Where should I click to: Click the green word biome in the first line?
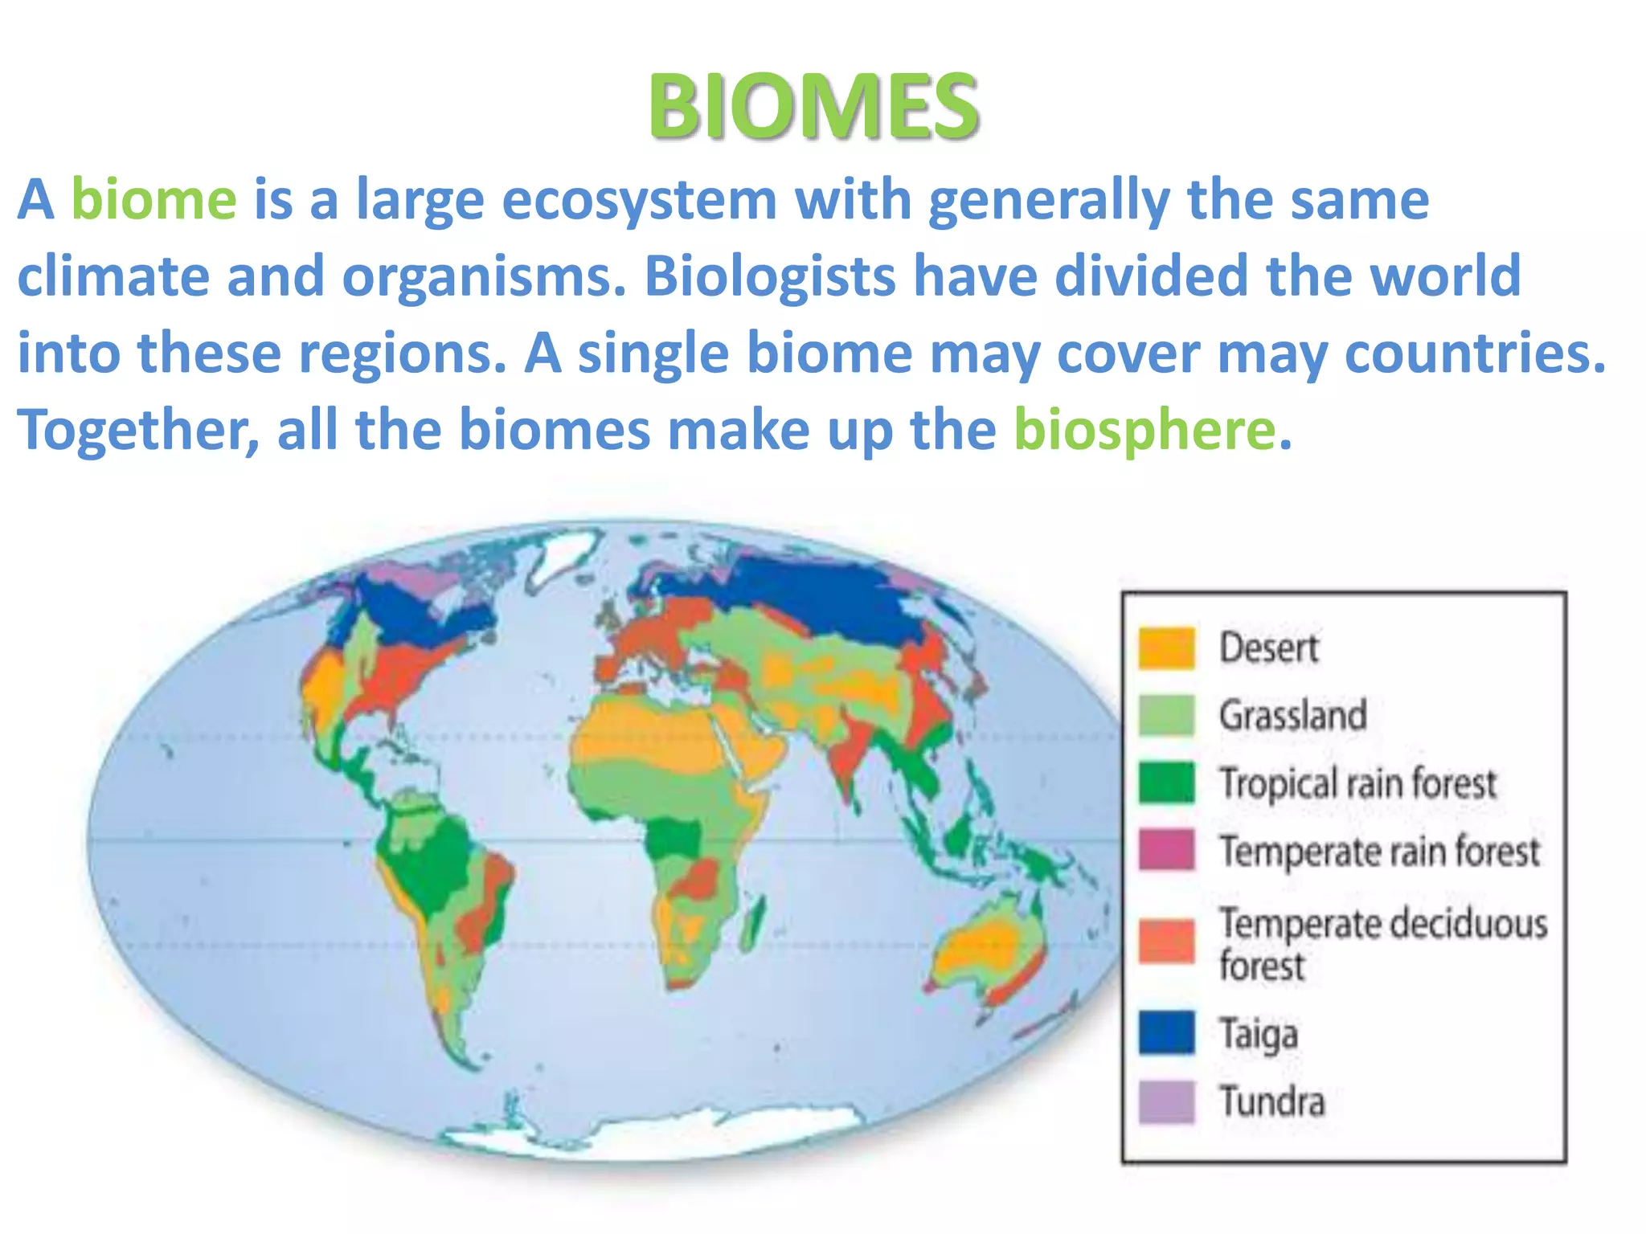coord(154,199)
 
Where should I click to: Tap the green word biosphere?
coord(1144,430)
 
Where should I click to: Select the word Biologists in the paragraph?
coord(769,276)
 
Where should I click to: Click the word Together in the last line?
coord(137,430)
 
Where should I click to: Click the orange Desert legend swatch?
coord(1166,648)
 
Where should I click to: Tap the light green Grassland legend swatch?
coord(1166,715)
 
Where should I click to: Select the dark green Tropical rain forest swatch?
coord(1166,782)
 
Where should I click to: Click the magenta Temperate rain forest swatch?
coord(1166,850)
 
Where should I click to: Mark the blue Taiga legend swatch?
coord(1166,1033)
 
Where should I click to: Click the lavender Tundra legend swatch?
coord(1166,1101)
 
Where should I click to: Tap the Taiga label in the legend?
coord(1259,1035)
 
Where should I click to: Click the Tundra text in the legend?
coord(1271,1101)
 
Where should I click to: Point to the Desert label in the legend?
coord(1268,648)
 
